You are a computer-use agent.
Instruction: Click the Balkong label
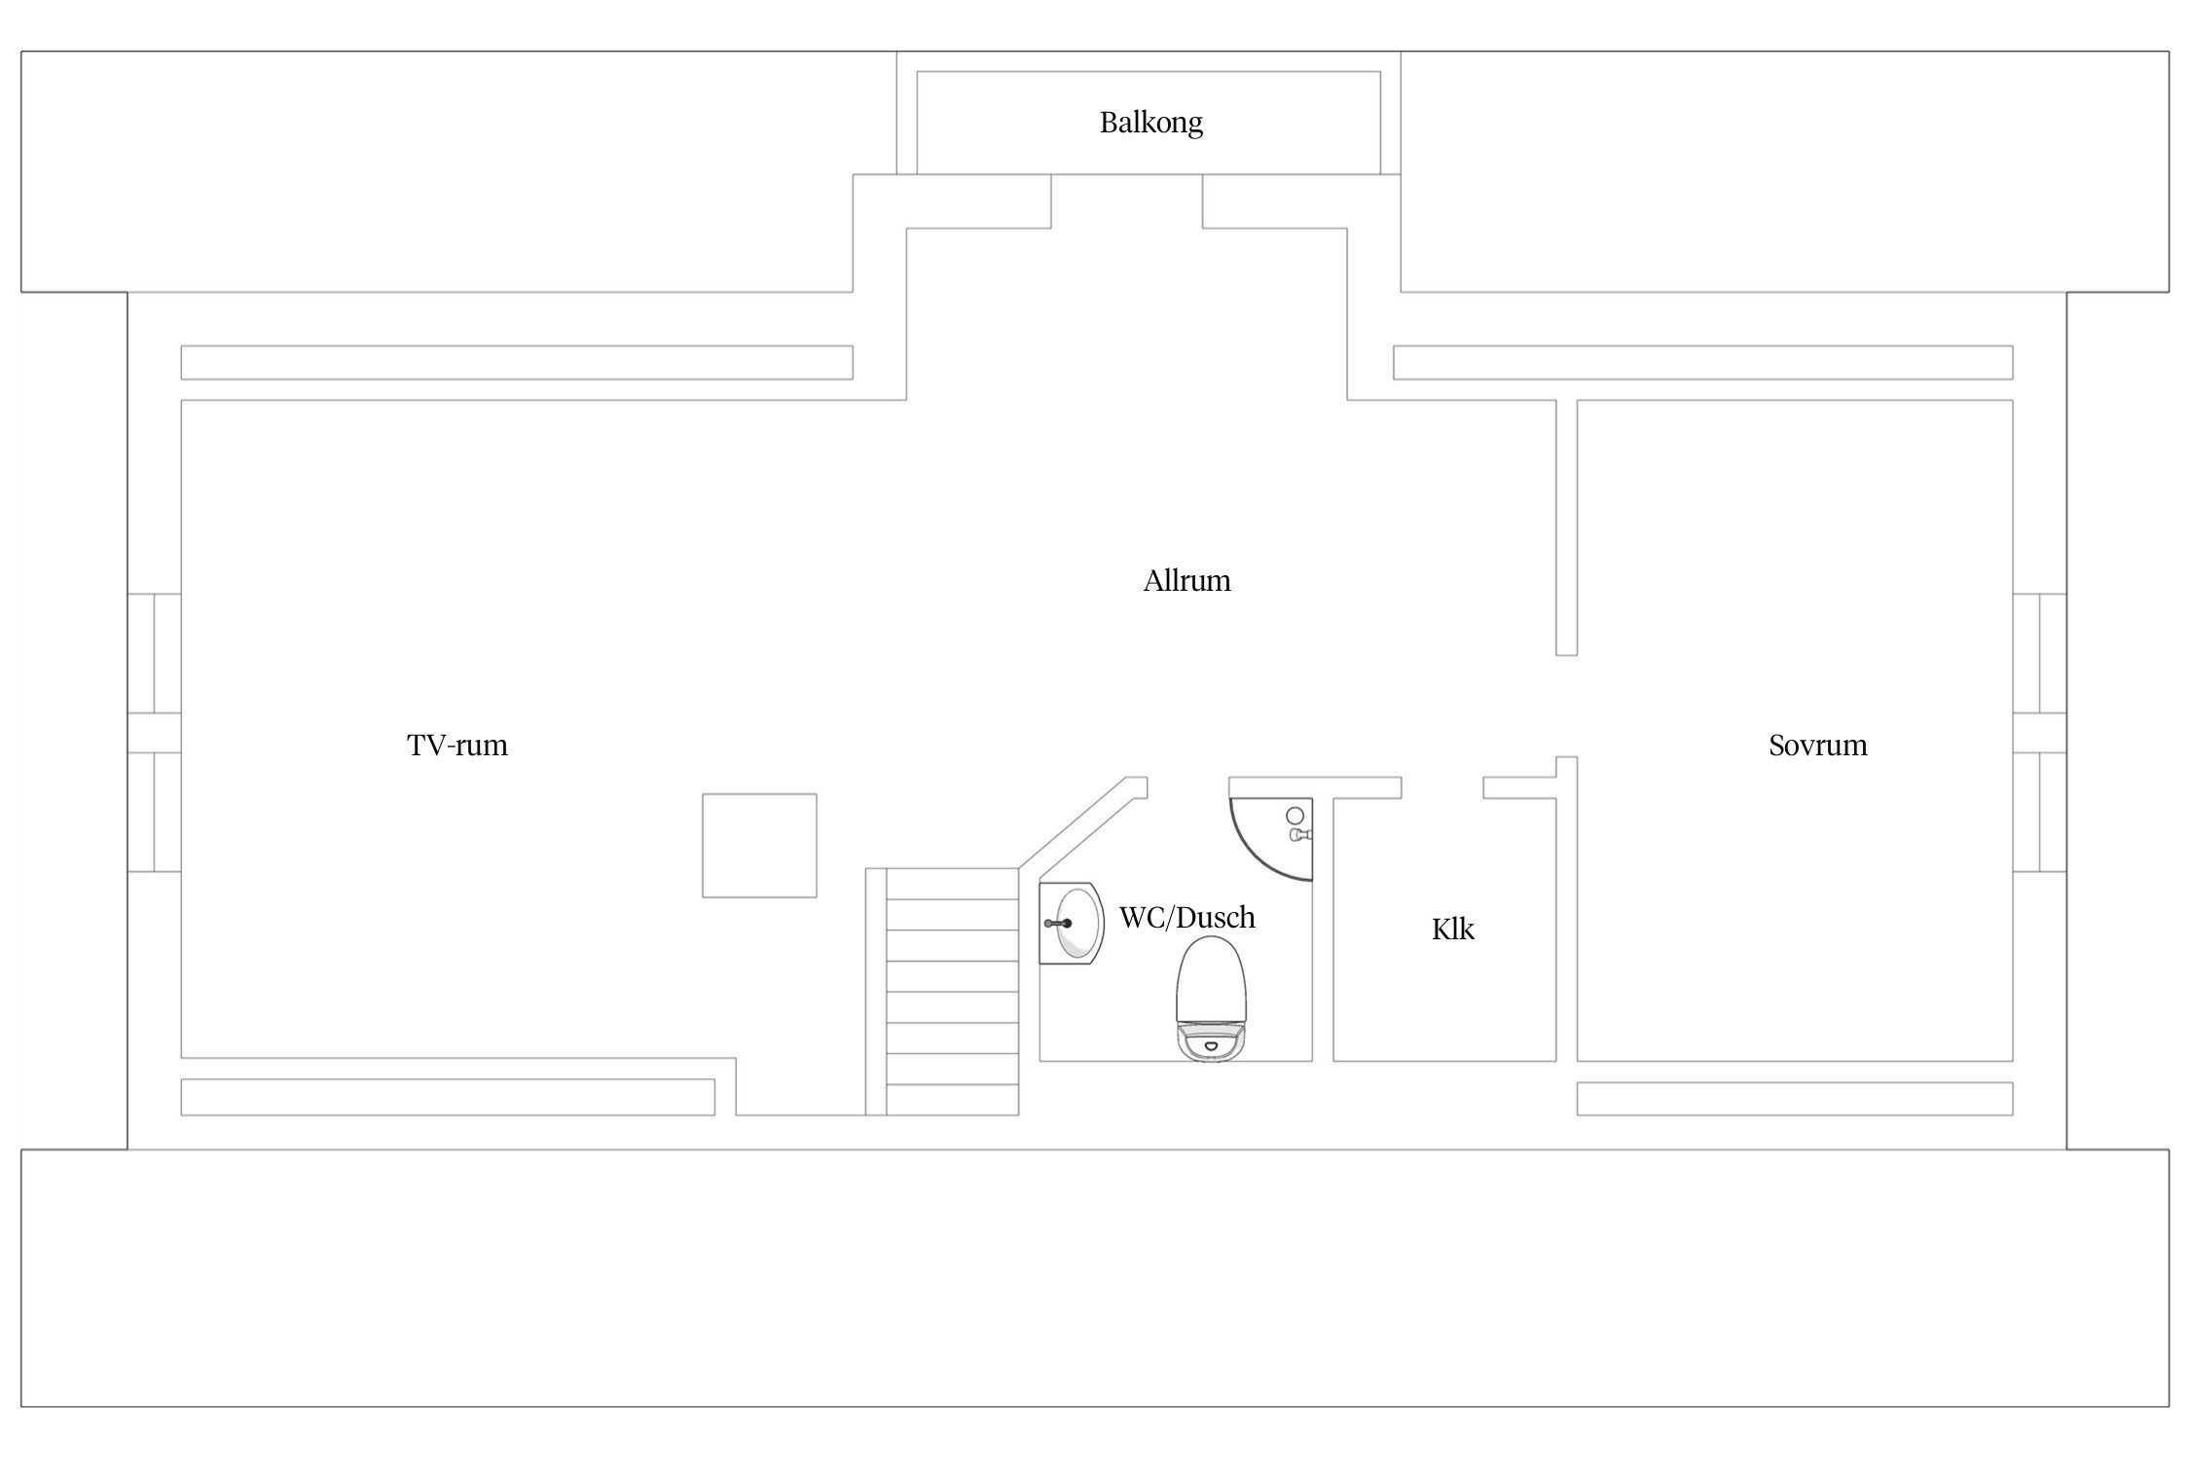coord(1151,123)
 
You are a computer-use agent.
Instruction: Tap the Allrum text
coord(1186,581)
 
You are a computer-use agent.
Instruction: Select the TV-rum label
coord(457,746)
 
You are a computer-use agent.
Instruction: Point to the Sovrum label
coord(1817,746)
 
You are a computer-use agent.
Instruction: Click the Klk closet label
coord(1452,930)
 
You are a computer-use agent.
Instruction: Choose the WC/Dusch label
coord(1186,917)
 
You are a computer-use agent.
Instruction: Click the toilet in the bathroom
coord(1212,998)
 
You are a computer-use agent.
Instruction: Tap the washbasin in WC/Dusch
coord(1071,923)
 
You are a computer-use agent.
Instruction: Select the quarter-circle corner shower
coord(1271,839)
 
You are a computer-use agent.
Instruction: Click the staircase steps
coord(952,991)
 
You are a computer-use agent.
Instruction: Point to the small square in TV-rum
coord(759,845)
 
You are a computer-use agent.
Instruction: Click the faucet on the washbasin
coord(1058,923)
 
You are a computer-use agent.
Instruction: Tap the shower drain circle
coord(1295,815)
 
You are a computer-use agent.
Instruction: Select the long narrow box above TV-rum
coord(517,362)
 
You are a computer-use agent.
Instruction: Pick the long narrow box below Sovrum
coord(1795,1099)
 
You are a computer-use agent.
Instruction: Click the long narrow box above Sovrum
coord(1703,362)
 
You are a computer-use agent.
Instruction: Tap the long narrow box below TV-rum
coord(448,1099)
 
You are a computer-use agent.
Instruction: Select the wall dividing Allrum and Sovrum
coord(1566,528)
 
